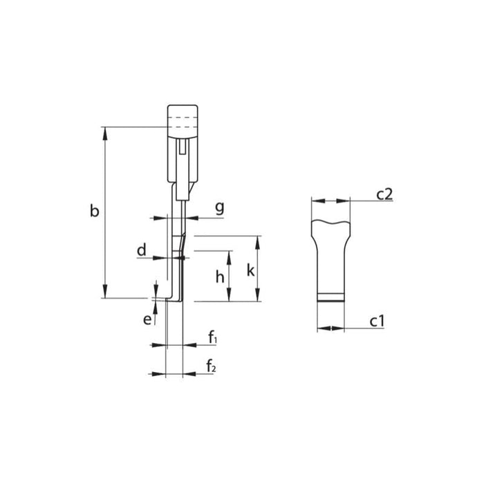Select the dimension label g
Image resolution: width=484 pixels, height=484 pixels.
click(218, 208)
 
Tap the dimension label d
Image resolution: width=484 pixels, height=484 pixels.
click(141, 250)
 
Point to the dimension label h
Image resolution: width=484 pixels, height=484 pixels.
click(219, 277)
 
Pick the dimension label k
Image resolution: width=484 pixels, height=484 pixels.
click(250, 270)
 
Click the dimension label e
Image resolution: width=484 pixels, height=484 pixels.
click(147, 319)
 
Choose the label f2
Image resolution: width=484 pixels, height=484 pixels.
click(212, 366)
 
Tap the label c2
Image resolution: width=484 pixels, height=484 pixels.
click(384, 194)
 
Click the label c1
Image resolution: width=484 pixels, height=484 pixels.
click(377, 321)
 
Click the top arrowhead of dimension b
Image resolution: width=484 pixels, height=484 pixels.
click(105, 131)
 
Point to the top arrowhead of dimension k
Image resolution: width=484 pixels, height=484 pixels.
click(258, 241)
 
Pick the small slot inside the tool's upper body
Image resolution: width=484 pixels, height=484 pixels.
click(183, 147)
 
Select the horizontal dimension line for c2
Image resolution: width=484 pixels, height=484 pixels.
click(331, 201)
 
